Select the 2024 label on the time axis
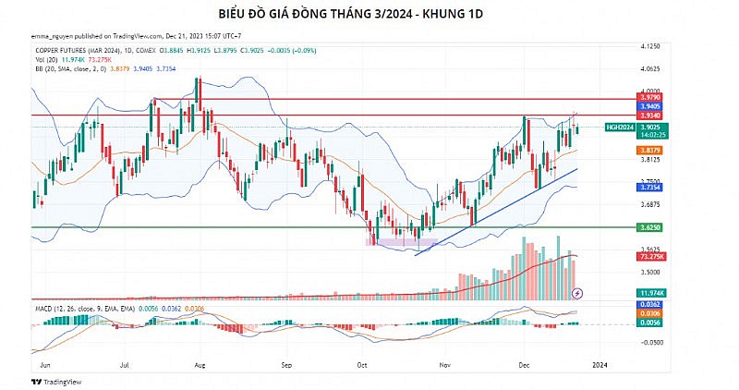click(599, 364)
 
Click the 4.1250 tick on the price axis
click(649, 45)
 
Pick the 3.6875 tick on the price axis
click(649, 204)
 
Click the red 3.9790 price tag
click(649, 95)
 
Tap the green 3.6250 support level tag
click(649, 226)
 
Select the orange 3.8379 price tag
click(649, 150)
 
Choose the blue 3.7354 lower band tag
click(649, 187)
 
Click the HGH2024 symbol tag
click(619, 127)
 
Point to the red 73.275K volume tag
click(649, 256)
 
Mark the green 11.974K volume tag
click(649, 292)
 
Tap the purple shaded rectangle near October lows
click(393, 241)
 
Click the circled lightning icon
click(578, 292)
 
